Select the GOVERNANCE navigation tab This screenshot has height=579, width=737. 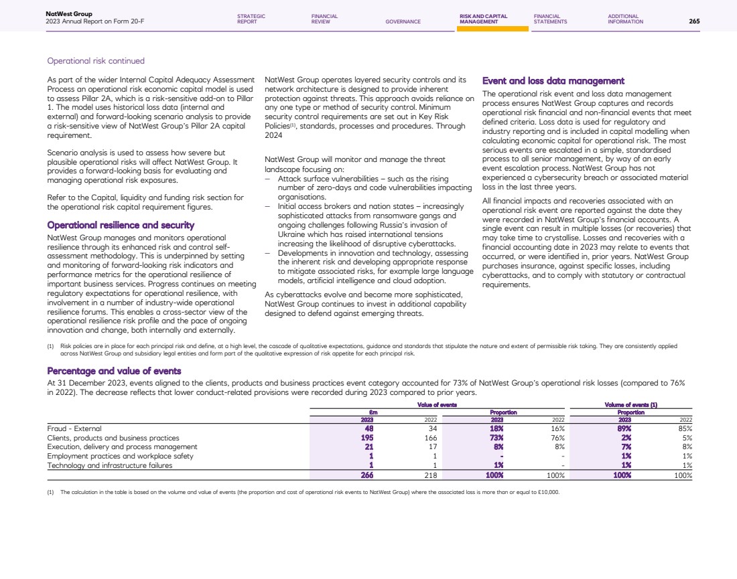[403, 21]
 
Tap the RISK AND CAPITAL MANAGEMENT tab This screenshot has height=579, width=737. [483, 19]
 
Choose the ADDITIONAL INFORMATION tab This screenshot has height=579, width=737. [625, 19]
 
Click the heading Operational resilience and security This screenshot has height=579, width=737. [121, 226]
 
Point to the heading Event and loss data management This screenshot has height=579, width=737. [553, 81]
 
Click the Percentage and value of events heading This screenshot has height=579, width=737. [114, 371]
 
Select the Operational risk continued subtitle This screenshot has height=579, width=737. [96, 61]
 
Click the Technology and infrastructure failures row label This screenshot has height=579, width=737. [109, 465]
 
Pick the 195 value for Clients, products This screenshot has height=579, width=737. [367, 437]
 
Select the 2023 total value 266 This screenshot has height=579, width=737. [366, 475]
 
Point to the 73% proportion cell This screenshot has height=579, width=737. [496, 437]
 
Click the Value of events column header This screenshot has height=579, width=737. [437, 405]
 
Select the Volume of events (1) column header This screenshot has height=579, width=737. [630, 405]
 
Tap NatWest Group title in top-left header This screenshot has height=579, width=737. [69, 13]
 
